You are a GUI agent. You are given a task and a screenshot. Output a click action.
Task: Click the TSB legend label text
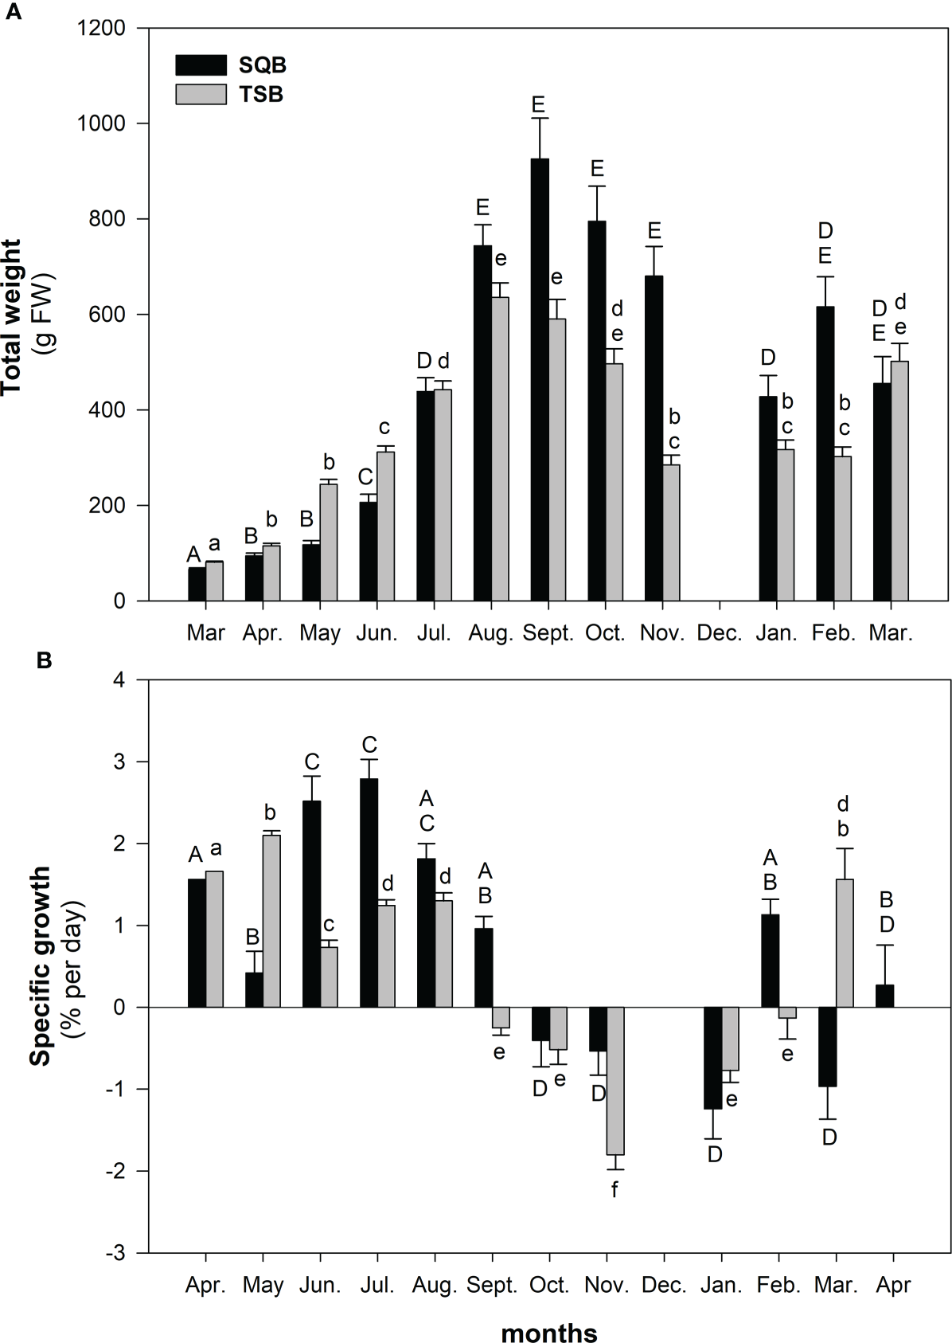click(261, 95)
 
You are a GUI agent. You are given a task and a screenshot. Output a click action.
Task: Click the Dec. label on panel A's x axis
click(719, 634)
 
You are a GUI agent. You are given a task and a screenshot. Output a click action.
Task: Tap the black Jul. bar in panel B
click(369, 893)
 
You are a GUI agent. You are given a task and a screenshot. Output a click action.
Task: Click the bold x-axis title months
click(548, 1311)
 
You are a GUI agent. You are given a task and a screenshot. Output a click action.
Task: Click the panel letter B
click(45, 660)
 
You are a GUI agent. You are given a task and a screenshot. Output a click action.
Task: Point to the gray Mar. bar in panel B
click(844, 943)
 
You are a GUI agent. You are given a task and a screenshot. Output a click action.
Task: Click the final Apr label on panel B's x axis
click(892, 1286)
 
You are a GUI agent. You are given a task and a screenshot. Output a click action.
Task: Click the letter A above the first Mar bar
click(193, 554)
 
